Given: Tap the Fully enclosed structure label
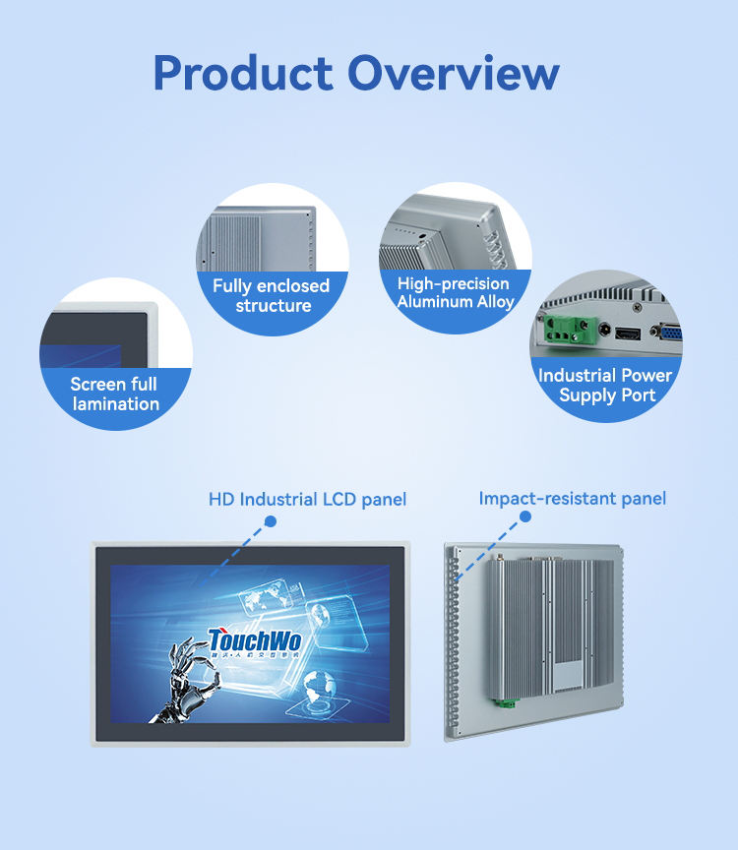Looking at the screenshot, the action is coord(273,295).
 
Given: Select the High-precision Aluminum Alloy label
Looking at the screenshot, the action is coord(456,292).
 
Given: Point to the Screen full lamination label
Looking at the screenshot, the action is coord(115,394).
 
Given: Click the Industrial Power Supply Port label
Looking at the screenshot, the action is coord(605,385).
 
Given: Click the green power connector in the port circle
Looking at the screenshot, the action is coord(562,331).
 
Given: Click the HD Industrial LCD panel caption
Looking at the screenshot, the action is coord(307,500).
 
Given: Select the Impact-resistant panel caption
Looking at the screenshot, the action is coord(572,499).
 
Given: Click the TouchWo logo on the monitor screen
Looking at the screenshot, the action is coord(255,640).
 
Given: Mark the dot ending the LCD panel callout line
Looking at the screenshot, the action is coord(271,520).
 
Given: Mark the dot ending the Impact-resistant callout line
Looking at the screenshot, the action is coord(532,522).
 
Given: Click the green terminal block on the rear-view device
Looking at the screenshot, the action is coord(506,700).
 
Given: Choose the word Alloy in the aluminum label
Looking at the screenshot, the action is coord(496,302).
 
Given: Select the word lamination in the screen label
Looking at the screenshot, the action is coord(115,403).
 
